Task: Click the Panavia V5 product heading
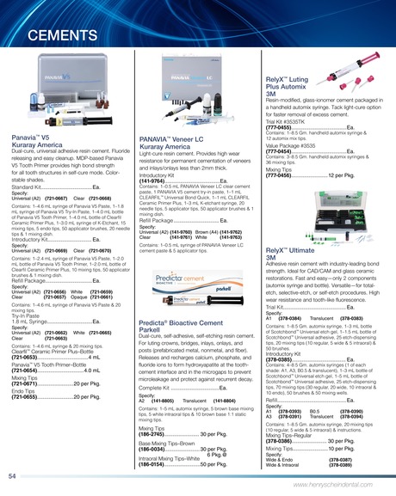click(32, 137)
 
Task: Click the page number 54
click(13, 475)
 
